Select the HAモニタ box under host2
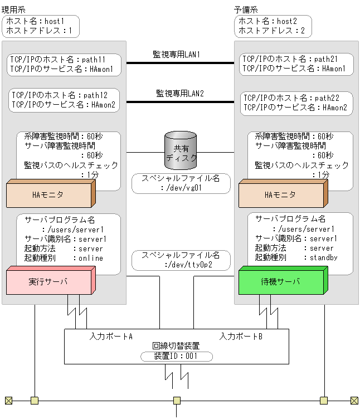coord(280,196)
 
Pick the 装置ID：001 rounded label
coord(176,356)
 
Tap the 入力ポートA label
coord(111,337)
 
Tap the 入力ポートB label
coord(241,337)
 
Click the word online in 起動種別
coord(90,258)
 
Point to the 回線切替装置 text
coord(176,346)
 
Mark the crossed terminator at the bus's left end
coord(8,400)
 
